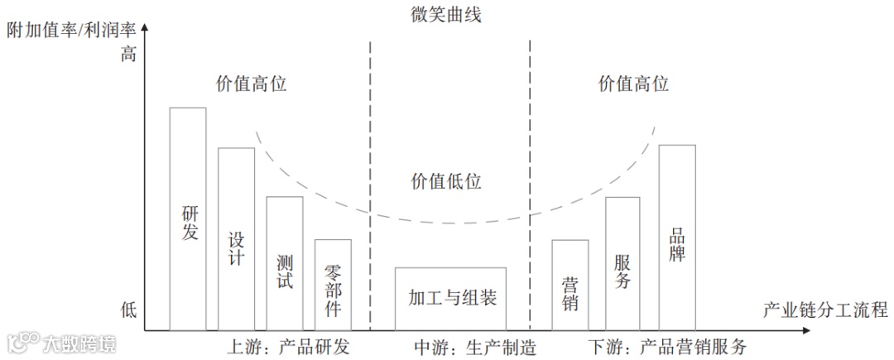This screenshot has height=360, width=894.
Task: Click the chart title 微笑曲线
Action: [x=446, y=14]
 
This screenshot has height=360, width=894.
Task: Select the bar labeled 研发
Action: [x=188, y=219]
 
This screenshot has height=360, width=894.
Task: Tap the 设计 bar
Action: [x=236, y=240]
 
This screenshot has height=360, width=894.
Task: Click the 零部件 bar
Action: [x=333, y=286]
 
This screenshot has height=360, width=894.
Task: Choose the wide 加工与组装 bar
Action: [x=450, y=298]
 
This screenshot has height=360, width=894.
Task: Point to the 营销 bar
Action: [x=570, y=286]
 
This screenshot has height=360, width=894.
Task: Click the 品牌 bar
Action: [x=677, y=238]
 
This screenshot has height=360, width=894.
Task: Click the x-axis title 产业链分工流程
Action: [x=824, y=310]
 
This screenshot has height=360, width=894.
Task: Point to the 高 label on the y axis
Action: [x=127, y=55]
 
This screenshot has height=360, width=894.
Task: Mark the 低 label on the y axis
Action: [x=127, y=310]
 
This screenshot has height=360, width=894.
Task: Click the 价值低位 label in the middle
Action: [x=446, y=181]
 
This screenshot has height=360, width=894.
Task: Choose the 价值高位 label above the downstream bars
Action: [x=633, y=84]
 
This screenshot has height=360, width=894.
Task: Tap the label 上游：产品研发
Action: [x=288, y=346]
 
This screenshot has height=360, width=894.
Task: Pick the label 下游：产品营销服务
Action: [x=667, y=346]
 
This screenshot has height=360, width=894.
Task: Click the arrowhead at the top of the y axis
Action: [x=145, y=29]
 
